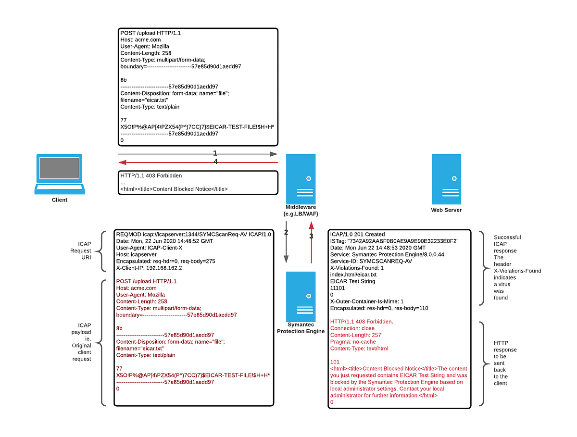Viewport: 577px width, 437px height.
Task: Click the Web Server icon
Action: tap(446, 179)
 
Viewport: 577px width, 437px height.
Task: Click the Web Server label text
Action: tap(446, 210)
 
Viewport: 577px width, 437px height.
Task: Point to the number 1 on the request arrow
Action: tap(215, 153)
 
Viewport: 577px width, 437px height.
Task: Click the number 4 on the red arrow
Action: tap(215, 162)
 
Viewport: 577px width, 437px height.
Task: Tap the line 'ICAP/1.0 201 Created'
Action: tap(357, 234)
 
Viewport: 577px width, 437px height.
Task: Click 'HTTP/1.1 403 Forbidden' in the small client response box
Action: tap(151, 175)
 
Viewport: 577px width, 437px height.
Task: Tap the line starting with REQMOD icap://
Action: tap(194, 234)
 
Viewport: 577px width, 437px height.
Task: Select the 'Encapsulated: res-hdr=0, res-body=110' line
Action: tap(379, 308)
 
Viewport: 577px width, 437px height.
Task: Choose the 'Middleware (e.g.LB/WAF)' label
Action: tap(301, 210)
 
